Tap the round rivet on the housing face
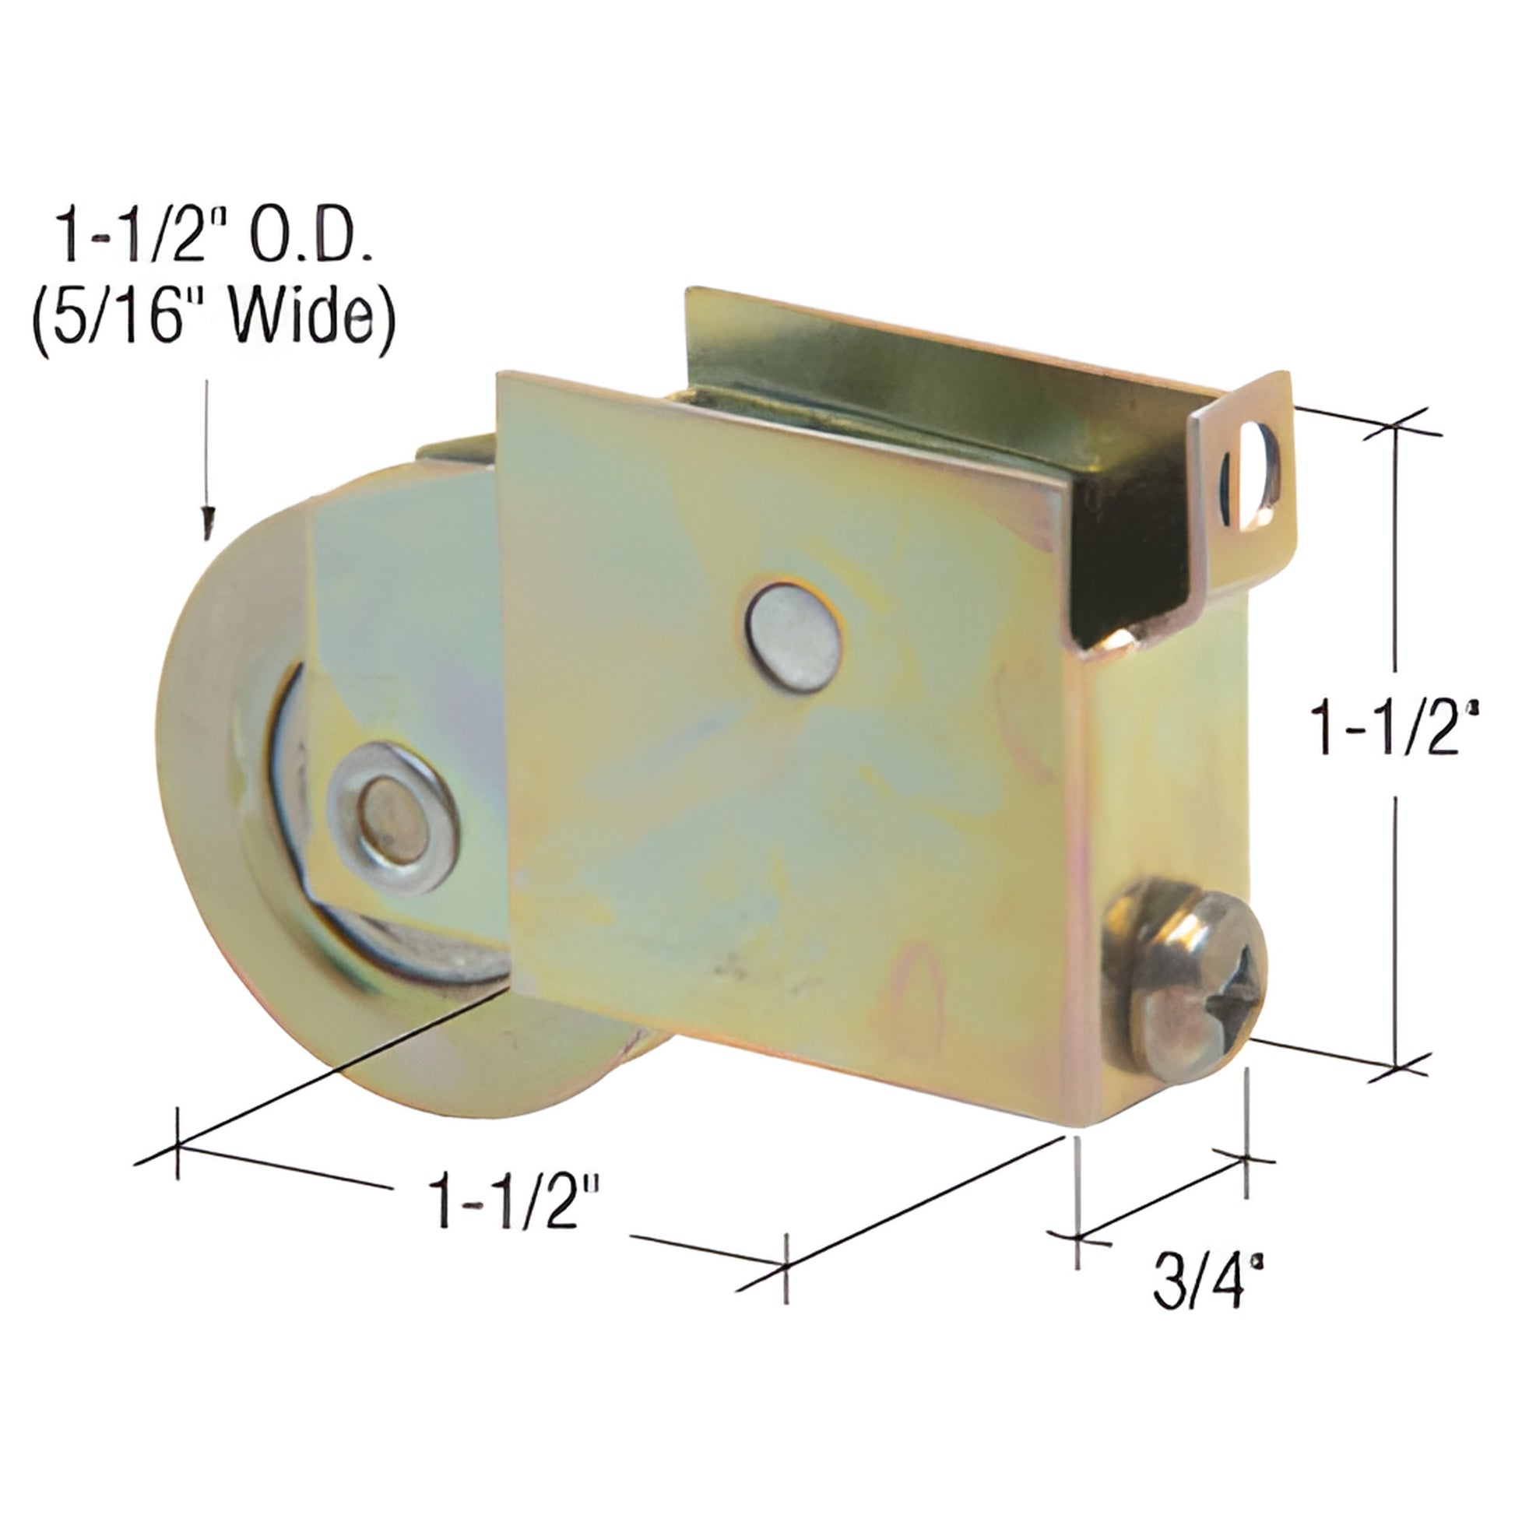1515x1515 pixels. point(793,637)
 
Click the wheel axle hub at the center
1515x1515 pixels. point(392,817)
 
